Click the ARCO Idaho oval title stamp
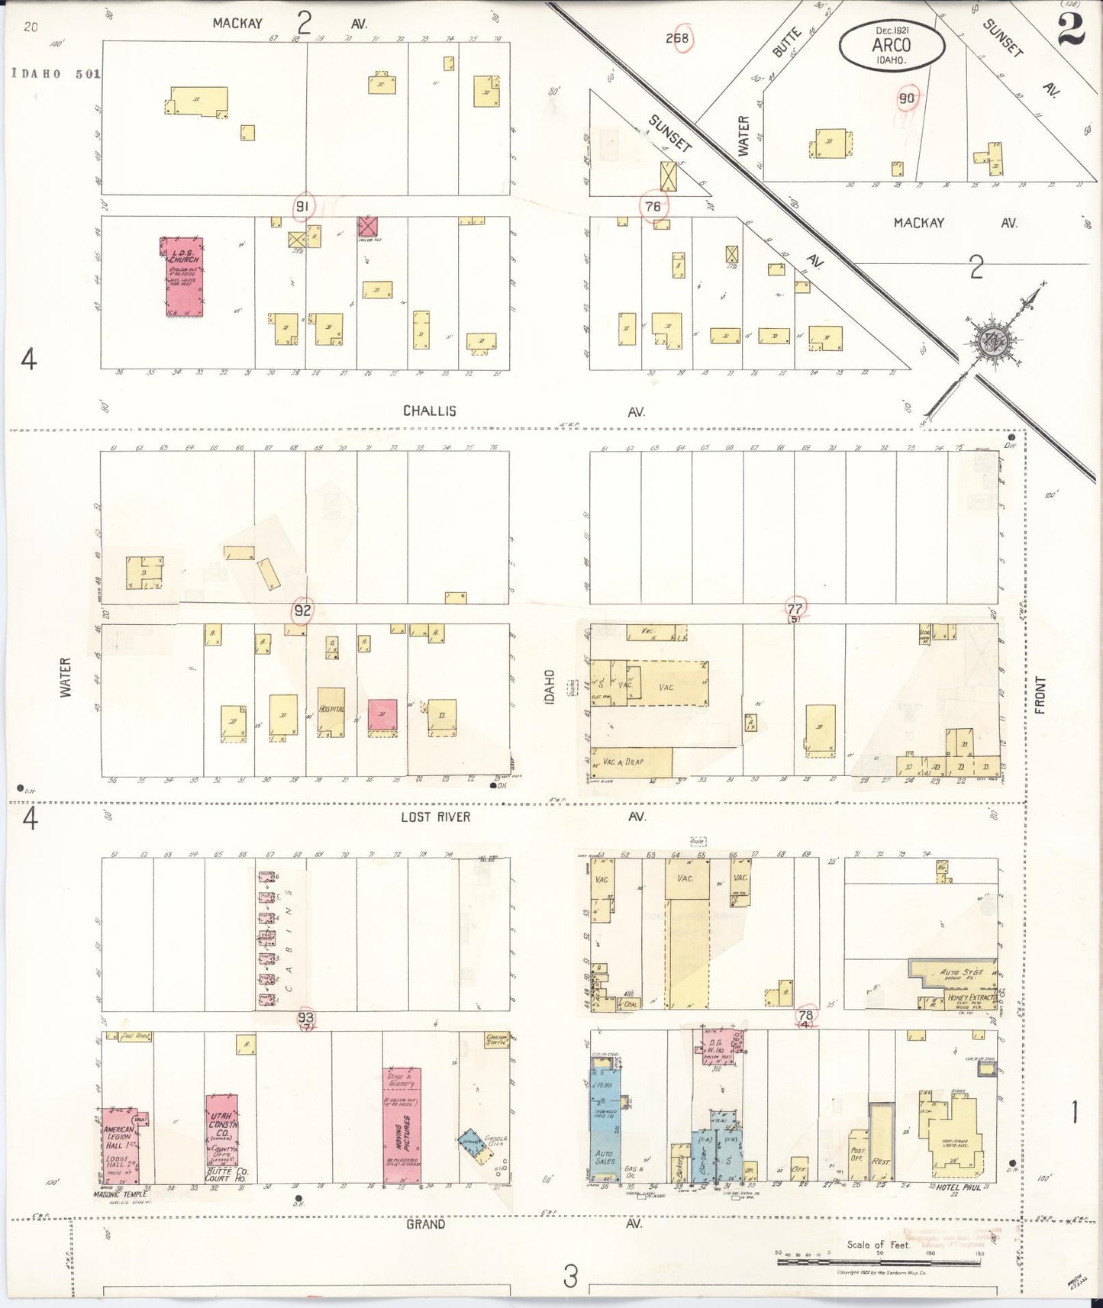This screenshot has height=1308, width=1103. pyautogui.click(x=891, y=46)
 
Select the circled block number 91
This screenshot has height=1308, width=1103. pyautogui.click(x=303, y=206)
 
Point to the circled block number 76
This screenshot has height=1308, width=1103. pyautogui.click(x=653, y=206)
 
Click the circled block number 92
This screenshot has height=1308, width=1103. pyautogui.click(x=302, y=611)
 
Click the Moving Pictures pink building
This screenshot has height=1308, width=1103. pyautogui.click(x=402, y=1126)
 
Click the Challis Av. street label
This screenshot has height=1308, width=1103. pyautogui.click(x=429, y=411)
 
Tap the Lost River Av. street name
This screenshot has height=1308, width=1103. pyautogui.click(x=436, y=817)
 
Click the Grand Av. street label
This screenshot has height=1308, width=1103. pyautogui.click(x=425, y=1224)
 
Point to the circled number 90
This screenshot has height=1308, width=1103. pyautogui.click(x=907, y=98)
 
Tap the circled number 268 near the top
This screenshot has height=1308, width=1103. pyautogui.click(x=676, y=39)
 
